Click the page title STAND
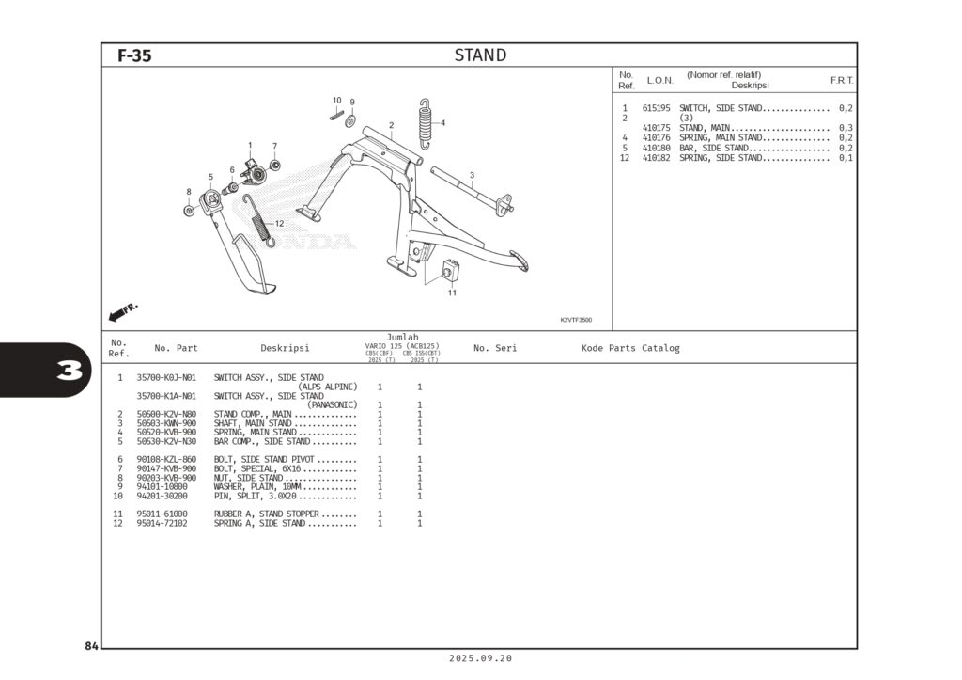(x=480, y=55)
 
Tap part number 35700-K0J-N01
(x=166, y=378)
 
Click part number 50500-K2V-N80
(x=166, y=414)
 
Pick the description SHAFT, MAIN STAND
(x=252, y=423)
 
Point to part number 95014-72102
(x=162, y=523)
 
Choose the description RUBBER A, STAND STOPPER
(x=267, y=514)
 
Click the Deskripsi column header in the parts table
(x=285, y=348)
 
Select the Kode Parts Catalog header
(x=630, y=348)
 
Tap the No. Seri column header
(x=495, y=348)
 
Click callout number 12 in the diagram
(x=279, y=223)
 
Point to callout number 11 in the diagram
(x=452, y=293)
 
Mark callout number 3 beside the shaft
(x=472, y=175)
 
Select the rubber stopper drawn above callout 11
(x=451, y=271)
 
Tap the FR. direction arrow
(x=123, y=310)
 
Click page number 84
(x=91, y=646)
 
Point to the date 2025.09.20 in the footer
(x=480, y=658)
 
